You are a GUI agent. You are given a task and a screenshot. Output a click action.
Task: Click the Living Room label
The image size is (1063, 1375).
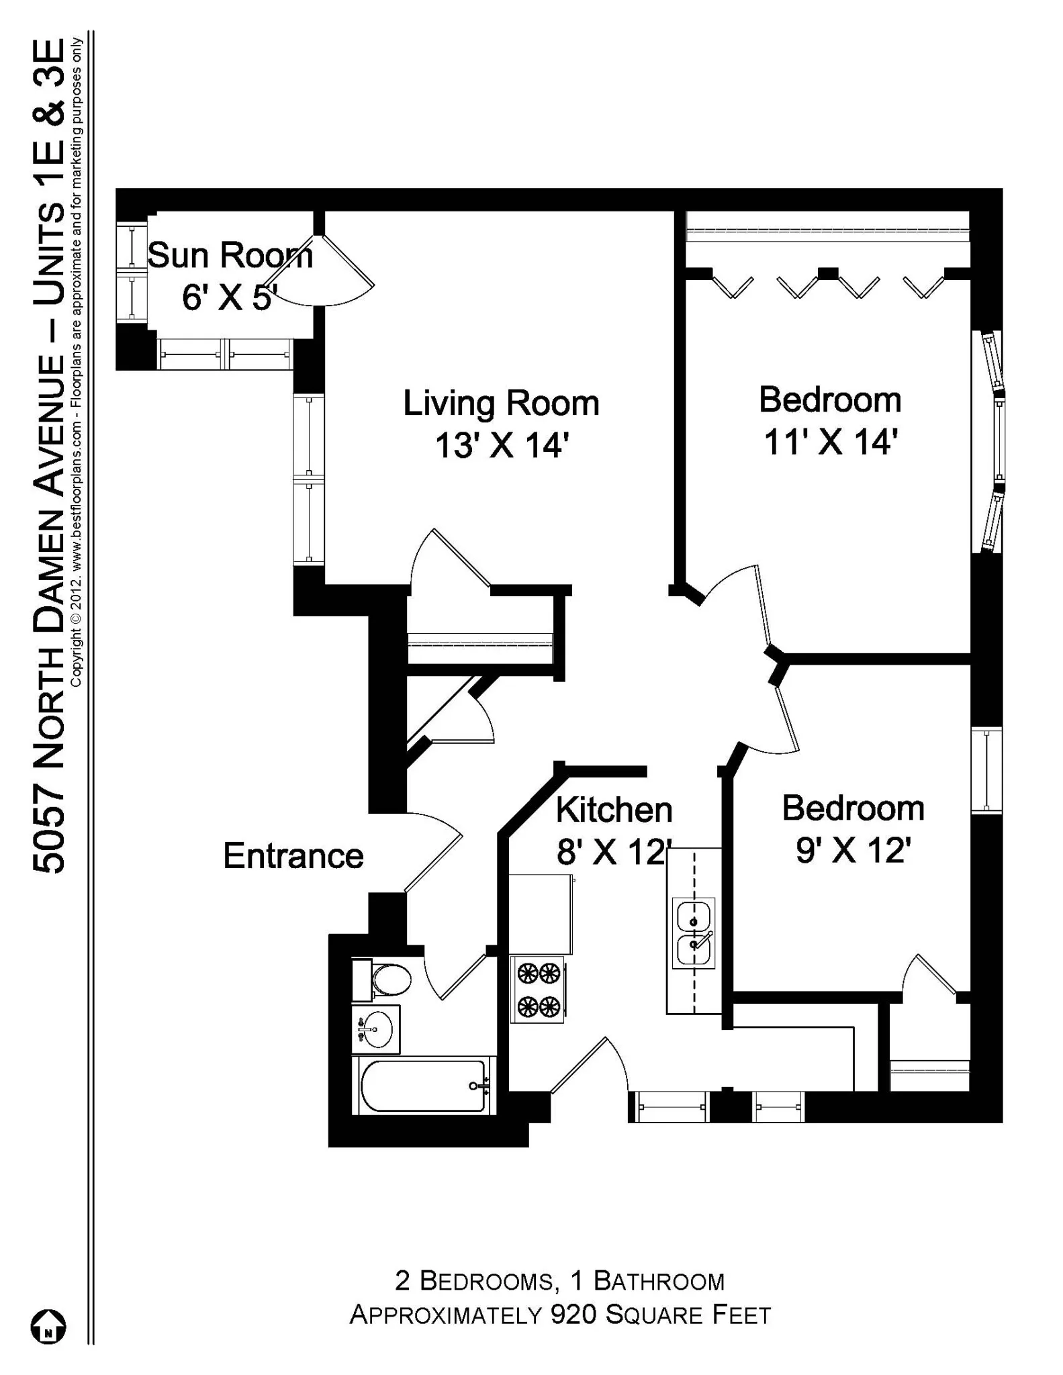tap(501, 404)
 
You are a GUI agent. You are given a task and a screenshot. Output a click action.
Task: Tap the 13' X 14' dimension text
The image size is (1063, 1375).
tap(502, 445)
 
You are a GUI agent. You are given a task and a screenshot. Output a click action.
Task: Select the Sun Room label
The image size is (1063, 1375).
tap(230, 256)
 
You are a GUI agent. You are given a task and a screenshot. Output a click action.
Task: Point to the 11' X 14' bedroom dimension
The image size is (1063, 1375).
tap(831, 443)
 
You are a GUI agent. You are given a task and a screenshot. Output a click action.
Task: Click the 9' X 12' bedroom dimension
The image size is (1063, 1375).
tap(853, 851)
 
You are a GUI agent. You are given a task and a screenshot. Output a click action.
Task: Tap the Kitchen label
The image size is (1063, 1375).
tap(614, 810)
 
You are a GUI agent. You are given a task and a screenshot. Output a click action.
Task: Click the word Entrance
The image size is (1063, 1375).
tap(293, 856)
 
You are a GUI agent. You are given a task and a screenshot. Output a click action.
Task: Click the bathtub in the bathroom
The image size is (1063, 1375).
tap(423, 1086)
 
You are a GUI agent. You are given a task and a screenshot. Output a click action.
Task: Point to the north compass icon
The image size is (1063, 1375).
tap(48, 1327)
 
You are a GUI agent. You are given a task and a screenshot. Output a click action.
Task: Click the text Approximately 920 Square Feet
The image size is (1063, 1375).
tap(560, 1315)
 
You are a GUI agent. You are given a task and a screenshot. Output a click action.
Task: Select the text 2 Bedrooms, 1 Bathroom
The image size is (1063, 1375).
tap(560, 1281)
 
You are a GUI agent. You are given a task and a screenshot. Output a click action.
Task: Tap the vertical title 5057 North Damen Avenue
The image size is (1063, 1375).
tap(50, 457)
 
